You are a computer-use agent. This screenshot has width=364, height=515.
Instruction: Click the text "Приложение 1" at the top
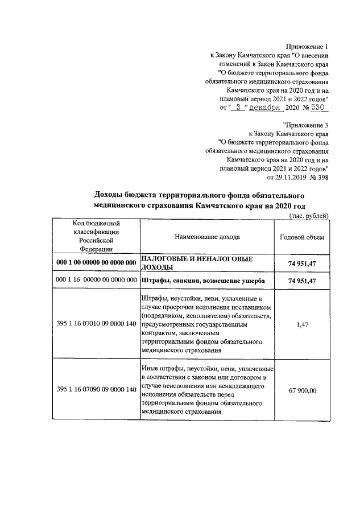[307, 46]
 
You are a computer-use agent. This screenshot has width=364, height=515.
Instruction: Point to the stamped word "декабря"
[267, 106]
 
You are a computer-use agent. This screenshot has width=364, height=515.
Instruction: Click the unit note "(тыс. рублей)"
[309, 215]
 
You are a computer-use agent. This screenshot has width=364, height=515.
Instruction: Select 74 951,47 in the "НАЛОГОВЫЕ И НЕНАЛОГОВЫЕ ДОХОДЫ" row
[302, 262]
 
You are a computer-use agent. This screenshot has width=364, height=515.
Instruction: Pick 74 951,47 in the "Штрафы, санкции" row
[302, 281]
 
